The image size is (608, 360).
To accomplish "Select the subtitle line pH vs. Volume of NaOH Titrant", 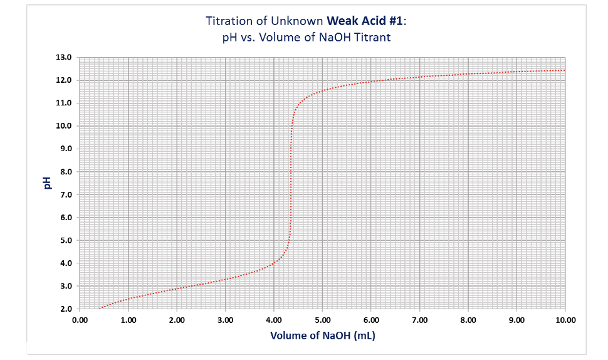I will pos(307,37).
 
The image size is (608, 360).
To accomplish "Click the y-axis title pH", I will pos(46,183).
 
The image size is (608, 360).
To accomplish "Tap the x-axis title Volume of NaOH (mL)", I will pos(322,336).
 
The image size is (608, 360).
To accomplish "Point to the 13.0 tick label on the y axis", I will pos(65,57).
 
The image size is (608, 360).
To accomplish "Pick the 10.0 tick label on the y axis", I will pos(65,126).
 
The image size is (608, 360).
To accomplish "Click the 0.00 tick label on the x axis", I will pos(80,320).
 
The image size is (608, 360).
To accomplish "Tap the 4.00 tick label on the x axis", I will pos(274,320).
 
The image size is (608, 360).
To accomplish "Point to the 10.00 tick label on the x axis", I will pos(565,320).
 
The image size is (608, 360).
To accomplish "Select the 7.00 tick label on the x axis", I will pos(419,320).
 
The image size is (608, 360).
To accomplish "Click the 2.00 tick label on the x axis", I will pos(177,320).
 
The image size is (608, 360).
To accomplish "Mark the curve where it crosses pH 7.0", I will pos(291,194).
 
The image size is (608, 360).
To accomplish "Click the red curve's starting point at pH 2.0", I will pos(100,309).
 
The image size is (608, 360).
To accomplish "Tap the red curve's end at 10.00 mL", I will pos(565,70).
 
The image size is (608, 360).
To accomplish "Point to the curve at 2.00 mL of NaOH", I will pos(177,289).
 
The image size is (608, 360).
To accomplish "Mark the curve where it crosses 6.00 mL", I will pos(371,81).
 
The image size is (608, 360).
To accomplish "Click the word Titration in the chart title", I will pos(227,21).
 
